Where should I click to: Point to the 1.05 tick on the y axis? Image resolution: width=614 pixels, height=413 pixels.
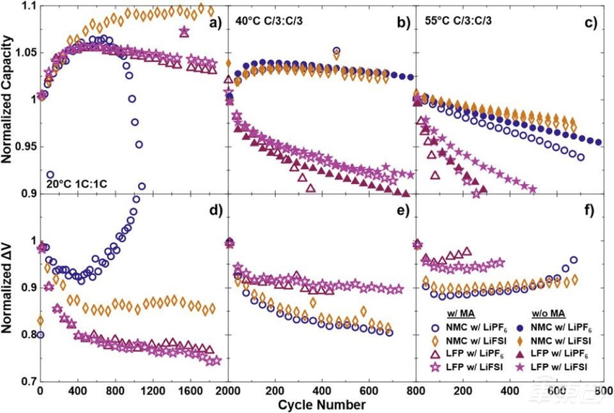pos(24,53)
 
